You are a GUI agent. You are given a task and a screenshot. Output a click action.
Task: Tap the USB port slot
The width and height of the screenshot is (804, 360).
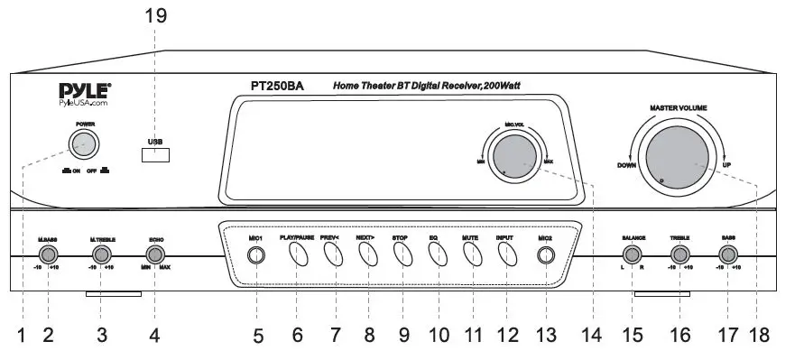[155, 154]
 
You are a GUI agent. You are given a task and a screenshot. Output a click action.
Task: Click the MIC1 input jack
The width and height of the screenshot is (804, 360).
[256, 256]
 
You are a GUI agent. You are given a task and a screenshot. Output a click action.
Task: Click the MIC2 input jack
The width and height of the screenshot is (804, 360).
[545, 256]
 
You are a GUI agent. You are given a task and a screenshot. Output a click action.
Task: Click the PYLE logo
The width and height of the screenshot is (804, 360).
[86, 90]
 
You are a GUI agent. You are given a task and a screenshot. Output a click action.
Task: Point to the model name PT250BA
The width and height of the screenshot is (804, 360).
[277, 87]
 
